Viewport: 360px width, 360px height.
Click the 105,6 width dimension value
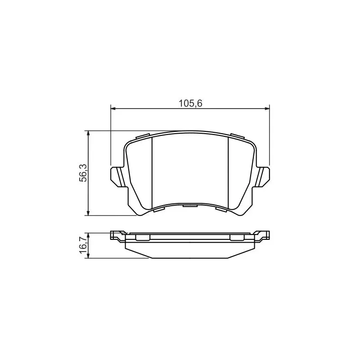(x=190, y=103)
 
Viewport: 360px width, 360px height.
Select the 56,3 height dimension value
(x=83, y=173)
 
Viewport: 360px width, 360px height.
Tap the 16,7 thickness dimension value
(x=83, y=245)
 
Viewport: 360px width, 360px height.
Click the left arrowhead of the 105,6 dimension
(x=113, y=108)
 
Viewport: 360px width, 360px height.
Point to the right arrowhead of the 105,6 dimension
(x=267, y=108)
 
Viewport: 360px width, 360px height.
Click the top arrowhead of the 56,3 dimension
(x=88, y=133)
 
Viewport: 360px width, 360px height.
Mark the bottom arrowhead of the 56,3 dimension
(x=88, y=213)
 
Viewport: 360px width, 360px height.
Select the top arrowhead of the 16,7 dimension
(x=88, y=235)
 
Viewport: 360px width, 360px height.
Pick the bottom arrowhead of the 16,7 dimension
(x=88, y=256)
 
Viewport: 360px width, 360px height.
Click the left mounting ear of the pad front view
(x=118, y=176)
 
